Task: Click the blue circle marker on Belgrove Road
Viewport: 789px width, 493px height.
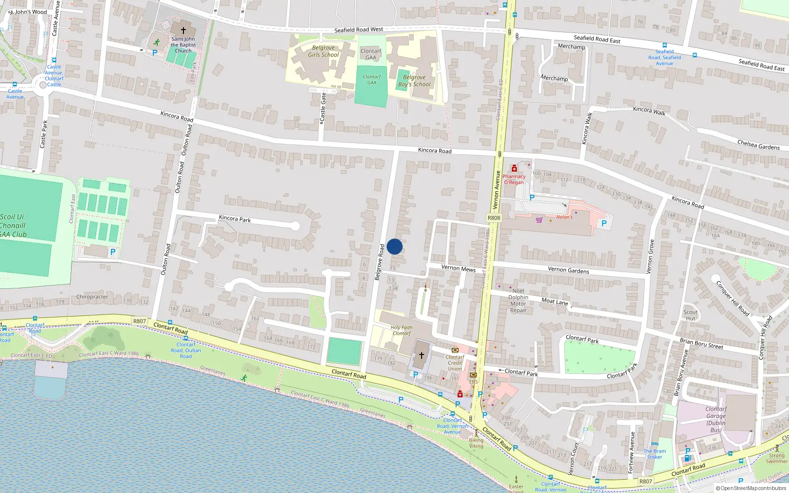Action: pos(394,246)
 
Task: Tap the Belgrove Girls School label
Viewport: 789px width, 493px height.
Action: pos(323,51)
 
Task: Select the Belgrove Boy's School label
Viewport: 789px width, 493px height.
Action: pos(414,81)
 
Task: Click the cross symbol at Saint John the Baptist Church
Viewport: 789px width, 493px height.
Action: pos(183,30)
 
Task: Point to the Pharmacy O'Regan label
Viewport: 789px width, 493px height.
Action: pos(514,179)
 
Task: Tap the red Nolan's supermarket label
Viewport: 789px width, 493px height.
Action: pos(564,217)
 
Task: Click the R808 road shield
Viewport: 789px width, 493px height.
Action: pos(494,218)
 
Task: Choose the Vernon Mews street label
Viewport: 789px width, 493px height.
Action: pos(458,268)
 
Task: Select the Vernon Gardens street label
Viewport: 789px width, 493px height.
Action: pos(568,270)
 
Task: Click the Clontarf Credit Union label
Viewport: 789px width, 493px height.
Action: pos(455,363)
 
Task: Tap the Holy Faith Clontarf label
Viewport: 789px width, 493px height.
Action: pos(401,330)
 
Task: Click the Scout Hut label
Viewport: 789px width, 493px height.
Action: pos(690,315)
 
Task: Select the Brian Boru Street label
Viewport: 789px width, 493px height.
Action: pos(701,344)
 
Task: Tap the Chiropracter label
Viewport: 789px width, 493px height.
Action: pos(92,297)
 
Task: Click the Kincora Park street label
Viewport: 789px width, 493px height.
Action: pos(235,218)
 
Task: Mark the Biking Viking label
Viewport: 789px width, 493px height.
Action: pos(476,443)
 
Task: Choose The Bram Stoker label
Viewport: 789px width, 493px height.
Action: pos(654,454)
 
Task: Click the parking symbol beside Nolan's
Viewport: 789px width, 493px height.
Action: pos(604,223)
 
